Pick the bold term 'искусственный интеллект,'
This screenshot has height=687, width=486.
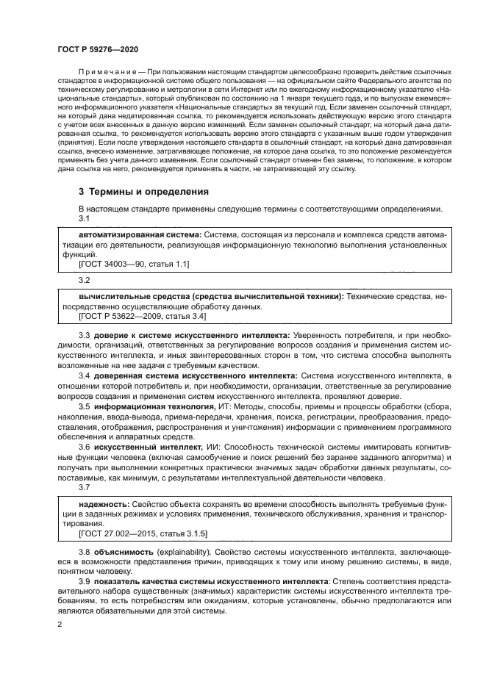[x=147, y=445]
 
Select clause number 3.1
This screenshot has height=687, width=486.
[x=84, y=218]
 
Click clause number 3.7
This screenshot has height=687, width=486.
[x=84, y=487]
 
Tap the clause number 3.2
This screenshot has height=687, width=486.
[x=84, y=281]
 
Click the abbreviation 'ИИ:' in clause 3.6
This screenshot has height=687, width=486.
[x=214, y=445]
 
